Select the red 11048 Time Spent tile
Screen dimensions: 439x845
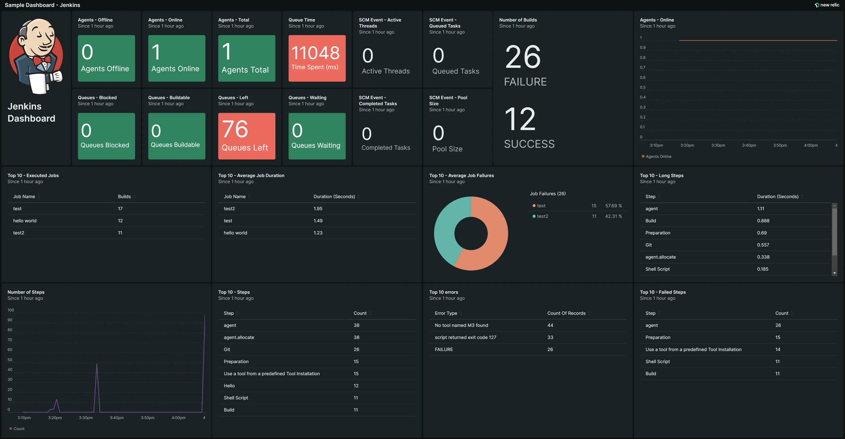point(316,58)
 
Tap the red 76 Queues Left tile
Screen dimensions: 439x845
point(246,136)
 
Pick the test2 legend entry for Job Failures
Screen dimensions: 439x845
point(542,216)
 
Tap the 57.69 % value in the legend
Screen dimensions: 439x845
point(613,206)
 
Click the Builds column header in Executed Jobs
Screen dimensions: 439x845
point(124,197)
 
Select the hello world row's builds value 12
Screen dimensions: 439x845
point(120,221)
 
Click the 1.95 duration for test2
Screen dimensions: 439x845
point(318,209)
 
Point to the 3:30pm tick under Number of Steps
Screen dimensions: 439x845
point(86,418)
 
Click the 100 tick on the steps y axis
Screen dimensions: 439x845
point(11,310)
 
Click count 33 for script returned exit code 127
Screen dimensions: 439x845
point(550,337)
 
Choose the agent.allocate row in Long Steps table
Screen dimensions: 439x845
point(660,257)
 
